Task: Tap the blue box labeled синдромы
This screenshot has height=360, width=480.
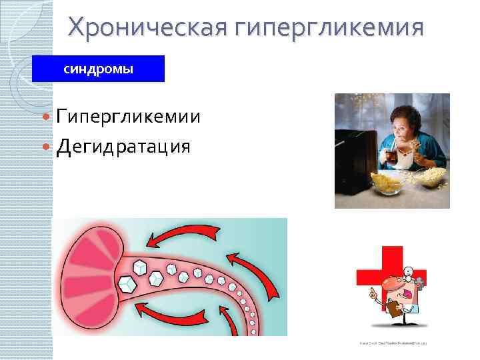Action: point(98,69)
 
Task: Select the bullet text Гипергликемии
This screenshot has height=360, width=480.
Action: point(128,117)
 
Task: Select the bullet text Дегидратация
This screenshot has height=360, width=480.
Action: point(123,145)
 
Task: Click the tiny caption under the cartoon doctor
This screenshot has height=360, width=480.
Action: point(393,343)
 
